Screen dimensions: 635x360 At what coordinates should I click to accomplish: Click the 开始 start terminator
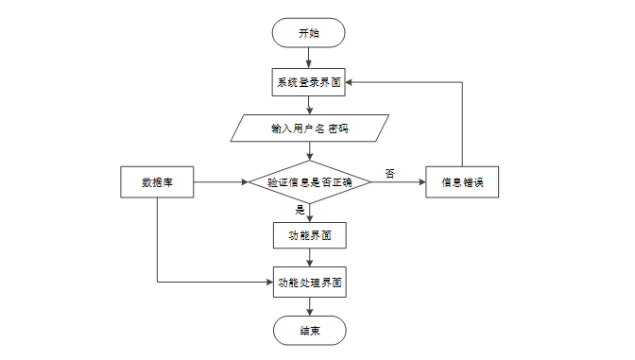[309, 33]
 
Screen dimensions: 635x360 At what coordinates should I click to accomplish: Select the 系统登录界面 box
[309, 82]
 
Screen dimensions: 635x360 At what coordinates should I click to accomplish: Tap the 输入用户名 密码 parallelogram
[310, 129]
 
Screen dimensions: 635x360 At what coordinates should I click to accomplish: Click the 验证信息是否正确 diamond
[310, 182]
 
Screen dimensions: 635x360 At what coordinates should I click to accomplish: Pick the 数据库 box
[157, 182]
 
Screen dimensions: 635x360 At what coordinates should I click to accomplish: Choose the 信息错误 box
[462, 182]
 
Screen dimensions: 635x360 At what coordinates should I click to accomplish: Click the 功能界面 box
[310, 235]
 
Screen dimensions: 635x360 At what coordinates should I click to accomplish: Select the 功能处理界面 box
[310, 283]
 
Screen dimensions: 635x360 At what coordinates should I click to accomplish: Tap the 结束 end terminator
[310, 331]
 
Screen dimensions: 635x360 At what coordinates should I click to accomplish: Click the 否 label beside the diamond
[389, 174]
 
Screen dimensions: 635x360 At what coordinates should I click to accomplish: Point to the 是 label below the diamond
[300, 210]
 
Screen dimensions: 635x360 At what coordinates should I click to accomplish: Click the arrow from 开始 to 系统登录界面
[309, 58]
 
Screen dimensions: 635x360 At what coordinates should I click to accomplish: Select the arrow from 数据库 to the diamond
[221, 182]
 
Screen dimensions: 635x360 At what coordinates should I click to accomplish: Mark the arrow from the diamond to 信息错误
[399, 182]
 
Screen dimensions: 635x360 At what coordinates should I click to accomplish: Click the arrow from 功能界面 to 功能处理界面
[310, 258]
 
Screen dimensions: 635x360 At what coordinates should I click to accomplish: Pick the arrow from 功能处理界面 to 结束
[310, 306]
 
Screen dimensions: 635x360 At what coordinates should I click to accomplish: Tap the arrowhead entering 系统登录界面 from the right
[349, 82]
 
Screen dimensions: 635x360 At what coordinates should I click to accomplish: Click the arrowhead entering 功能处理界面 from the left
[269, 282]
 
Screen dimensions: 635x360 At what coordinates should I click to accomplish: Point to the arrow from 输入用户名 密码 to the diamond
[310, 151]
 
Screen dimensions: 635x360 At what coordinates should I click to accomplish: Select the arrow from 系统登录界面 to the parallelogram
[310, 105]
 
